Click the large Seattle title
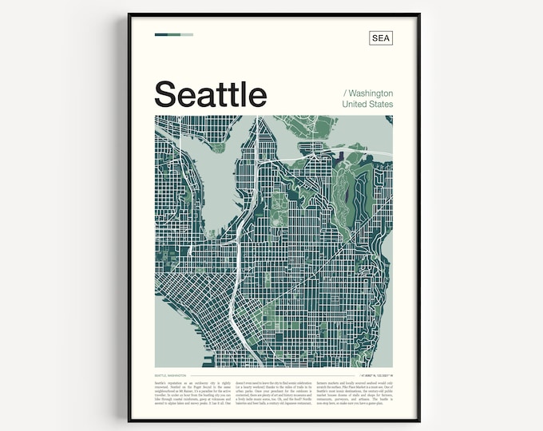[210, 94]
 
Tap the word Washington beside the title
[368, 93]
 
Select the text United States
[367, 105]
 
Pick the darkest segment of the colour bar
[161, 34]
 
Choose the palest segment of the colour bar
[187, 34]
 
